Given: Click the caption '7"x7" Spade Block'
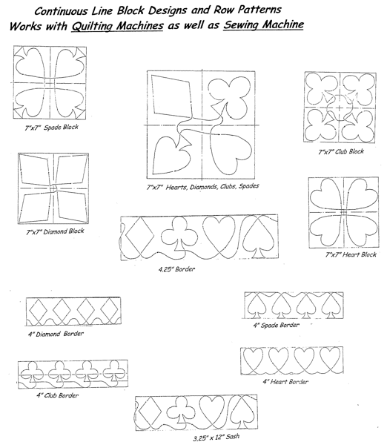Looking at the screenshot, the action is pyautogui.click(x=51, y=128).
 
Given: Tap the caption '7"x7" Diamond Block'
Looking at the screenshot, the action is pyautogui.click(x=55, y=231).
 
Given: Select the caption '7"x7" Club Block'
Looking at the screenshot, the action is pyautogui.click(x=341, y=151).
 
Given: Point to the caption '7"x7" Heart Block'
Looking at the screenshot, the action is pyautogui.click(x=351, y=254).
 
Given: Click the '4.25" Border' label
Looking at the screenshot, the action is pyautogui.click(x=176, y=269).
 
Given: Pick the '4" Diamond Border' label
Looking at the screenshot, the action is pyautogui.click(x=56, y=334).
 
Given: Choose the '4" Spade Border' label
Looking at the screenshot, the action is pyautogui.click(x=276, y=326).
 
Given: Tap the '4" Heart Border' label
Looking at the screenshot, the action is pyautogui.click(x=285, y=382).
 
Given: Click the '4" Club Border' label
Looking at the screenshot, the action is pyautogui.click(x=57, y=395).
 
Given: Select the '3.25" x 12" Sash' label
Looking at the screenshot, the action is pyautogui.click(x=216, y=437).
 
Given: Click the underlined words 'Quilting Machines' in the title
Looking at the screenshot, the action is pyautogui.click(x=117, y=26).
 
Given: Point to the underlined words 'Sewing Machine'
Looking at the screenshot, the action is pyautogui.click(x=264, y=24).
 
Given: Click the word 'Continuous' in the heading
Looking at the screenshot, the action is pyautogui.click(x=62, y=11).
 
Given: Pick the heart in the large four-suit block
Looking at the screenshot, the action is pyautogui.click(x=231, y=154).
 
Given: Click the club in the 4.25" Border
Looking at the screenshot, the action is pyautogui.click(x=179, y=234).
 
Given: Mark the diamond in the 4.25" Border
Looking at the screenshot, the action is pyautogui.click(x=139, y=235).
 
